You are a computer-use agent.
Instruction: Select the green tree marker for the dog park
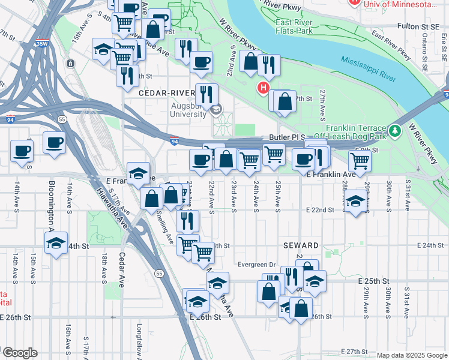coord(394,130)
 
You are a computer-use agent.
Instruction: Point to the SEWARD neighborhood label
coord(301,246)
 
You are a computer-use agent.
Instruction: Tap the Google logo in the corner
coord(20,353)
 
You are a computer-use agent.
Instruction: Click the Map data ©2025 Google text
coord(411,355)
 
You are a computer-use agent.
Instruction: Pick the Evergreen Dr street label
coord(255,264)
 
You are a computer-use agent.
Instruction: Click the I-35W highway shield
coord(41,44)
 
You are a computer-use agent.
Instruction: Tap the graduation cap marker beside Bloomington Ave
coord(56,243)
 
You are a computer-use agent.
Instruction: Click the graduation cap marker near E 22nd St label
coord(356,201)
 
